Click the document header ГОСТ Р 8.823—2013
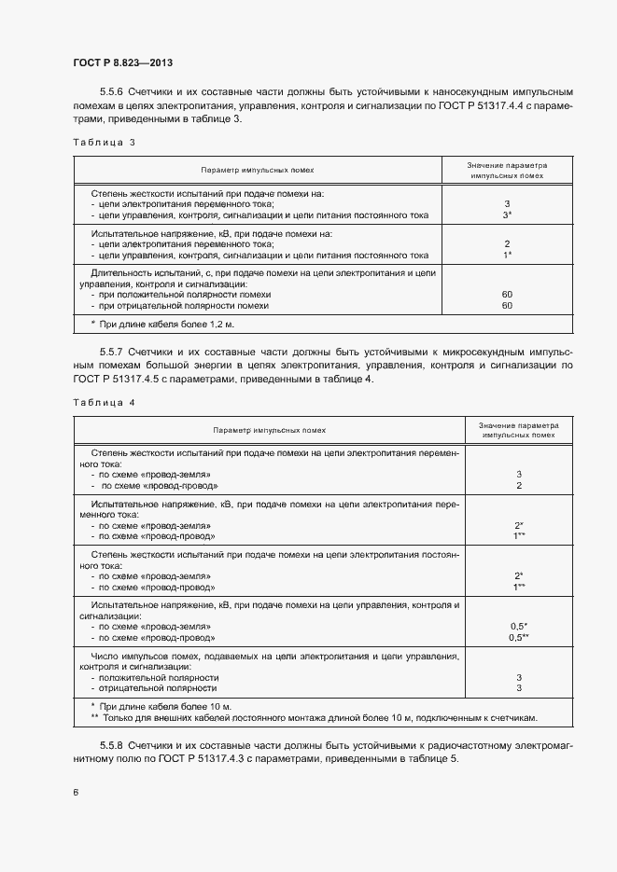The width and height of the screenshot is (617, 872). click(122, 63)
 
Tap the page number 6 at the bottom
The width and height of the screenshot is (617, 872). click(76, 792)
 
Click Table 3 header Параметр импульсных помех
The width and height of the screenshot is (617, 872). click(258, 171)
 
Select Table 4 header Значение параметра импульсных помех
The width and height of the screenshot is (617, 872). click(519, 430)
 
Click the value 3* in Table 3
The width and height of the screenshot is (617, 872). click(507, 215)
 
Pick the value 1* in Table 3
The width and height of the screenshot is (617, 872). click(507, 255)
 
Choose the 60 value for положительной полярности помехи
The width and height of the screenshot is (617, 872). click(507, 294)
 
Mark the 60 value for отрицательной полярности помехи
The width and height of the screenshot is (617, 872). click(507, 305)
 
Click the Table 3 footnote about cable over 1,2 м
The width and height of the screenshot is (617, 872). click(142, 324)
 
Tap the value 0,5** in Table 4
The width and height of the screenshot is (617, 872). click(519, 638)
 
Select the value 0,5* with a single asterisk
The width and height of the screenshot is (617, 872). click(519, 626)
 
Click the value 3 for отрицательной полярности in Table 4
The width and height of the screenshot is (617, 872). click(518, 688)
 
